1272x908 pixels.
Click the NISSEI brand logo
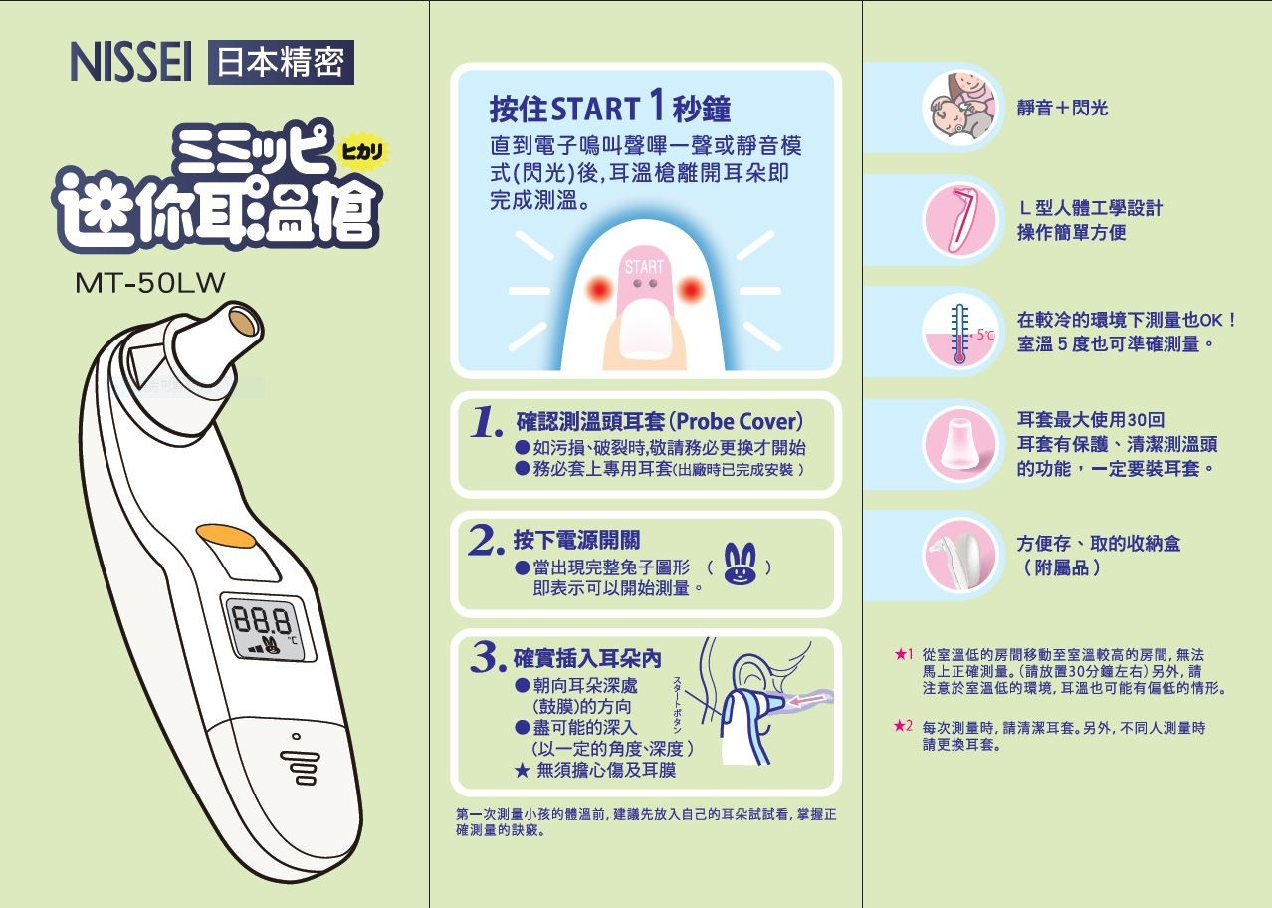point(130,62)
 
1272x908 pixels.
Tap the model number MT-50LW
point(150,283)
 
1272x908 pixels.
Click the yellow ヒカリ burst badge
point(362,151)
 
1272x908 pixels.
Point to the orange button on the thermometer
point(226,536)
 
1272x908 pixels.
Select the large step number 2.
point(486,540)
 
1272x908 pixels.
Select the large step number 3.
point(488,657)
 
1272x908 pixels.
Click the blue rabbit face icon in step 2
point(740,563)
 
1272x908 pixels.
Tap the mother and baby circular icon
point(960,107)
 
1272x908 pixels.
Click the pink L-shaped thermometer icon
point(960,219)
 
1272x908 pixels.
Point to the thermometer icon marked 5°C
point(960,333)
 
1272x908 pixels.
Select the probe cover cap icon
point(960,444)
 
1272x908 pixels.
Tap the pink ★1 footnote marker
point(904,654)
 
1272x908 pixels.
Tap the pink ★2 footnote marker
point(903,726)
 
